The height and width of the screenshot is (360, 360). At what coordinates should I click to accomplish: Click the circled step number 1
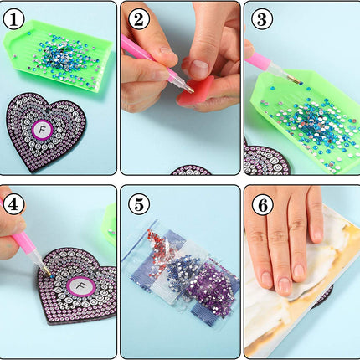(13, 20)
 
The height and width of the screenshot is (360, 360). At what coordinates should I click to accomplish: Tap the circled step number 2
(139, 19)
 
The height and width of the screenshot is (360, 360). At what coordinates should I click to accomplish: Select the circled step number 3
(262, 19)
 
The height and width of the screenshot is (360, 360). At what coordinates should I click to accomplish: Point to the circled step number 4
(14, 204)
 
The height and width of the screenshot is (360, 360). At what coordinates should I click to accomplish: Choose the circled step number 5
(139, 204)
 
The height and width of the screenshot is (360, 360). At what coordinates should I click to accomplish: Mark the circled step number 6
(262, 205)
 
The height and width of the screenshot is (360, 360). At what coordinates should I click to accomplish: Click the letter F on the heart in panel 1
(43, 130)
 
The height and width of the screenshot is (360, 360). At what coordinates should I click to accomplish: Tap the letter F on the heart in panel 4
(81, 286)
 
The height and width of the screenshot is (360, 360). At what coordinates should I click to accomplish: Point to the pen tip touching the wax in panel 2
(192, 90)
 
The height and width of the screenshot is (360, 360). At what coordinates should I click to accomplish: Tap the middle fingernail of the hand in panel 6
(284, 285)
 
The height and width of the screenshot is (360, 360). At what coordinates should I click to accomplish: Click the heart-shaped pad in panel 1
(45, 131)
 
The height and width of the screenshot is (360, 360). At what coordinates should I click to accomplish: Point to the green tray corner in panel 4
(111, 224)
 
